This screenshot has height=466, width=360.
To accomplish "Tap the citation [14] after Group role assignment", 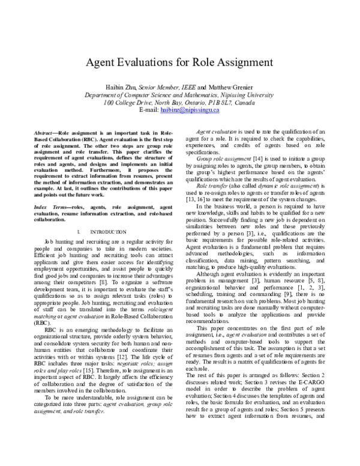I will coord(259,158).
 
